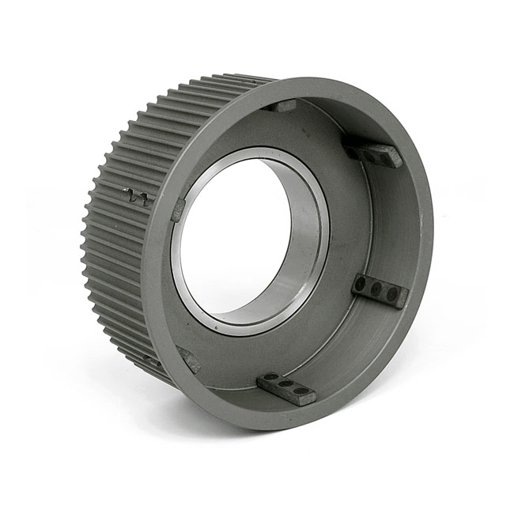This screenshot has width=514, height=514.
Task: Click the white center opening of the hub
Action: coord(233,237)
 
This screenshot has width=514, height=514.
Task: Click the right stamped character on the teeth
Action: coord(145,199)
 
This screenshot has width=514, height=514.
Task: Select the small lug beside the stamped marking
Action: coord(179,210)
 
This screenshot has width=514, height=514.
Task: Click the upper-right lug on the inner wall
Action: coord(372,153)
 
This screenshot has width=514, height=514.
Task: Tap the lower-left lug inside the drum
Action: coord(188,361)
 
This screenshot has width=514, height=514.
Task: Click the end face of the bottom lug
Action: coord(285,396)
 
